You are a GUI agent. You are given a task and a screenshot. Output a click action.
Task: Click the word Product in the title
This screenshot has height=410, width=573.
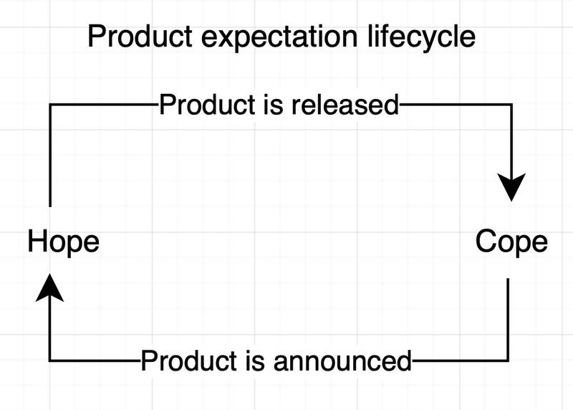click(x=140, y=37)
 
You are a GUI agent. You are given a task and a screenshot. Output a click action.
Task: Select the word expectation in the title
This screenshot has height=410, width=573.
click(x=279, y=38)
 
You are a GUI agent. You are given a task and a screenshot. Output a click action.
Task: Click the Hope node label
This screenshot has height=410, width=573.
click(x=64, y=242)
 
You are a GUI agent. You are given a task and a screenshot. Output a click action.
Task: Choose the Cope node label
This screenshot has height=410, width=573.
click(x=511, y=242)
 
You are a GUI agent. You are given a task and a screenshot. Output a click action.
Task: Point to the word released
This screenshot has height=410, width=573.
click(x=345, y=105)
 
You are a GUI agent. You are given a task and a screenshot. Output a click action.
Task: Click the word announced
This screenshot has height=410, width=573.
click(x=342, y=361)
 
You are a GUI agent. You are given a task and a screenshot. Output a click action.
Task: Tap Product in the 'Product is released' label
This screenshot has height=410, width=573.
click(x=207, y=105)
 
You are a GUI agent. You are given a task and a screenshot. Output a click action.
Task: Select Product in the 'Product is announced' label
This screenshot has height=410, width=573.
click(x=189, y=361)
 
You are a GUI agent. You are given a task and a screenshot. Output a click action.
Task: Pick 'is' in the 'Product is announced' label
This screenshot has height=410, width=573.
click(x=255, y=361)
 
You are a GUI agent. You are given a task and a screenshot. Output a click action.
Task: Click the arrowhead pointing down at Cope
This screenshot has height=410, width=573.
click(x=511, y=187)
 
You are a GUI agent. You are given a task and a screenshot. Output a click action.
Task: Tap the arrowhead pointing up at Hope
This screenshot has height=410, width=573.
click(x=49, y=287)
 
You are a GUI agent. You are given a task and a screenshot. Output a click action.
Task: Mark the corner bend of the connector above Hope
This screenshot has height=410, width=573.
click(x=50, y=105)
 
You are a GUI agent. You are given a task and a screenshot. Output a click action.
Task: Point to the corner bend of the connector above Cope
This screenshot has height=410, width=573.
click(x=511, y=105)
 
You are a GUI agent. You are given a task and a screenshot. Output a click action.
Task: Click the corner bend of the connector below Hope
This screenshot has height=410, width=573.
click(x=49, y=361)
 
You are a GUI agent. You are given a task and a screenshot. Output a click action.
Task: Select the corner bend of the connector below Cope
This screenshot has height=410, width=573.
click(x=508, y=361)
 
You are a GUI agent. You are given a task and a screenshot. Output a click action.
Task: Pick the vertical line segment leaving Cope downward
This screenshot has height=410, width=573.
click(x=508, y=319)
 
